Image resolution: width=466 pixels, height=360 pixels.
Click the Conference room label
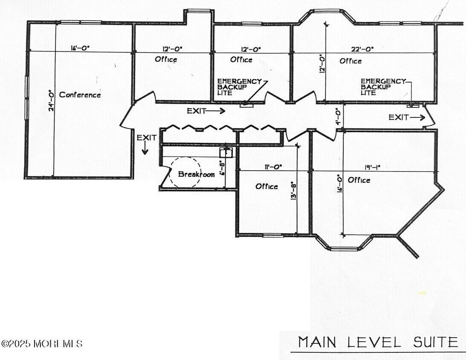[x=80, y=95]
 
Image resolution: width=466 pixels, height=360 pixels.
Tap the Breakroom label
[x=196, y=174]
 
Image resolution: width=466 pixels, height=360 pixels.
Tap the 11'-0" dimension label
[x=273, y=167]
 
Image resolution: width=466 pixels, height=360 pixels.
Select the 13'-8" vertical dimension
[x=294, y=190]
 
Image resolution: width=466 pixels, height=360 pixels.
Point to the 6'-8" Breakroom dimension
[x=221, y=168]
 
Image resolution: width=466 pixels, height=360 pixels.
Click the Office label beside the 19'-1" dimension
[x=359, y=180]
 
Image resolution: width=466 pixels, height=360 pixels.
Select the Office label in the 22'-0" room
[x=351, y=61]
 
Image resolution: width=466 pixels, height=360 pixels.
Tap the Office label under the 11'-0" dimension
[x=266, y=186]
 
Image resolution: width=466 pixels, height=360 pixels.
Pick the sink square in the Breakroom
[x=226, y=153]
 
